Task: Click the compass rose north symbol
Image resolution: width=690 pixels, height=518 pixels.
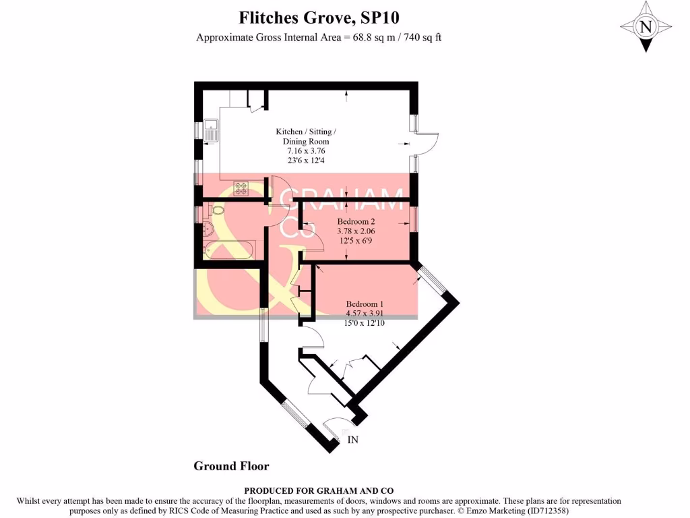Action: [x=646, y=27]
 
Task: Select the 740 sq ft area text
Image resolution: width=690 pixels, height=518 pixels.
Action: [x=421, y=38]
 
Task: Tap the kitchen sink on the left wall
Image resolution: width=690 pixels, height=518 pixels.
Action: [x=212, y=129]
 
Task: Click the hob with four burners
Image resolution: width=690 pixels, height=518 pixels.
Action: [x=241, y=189]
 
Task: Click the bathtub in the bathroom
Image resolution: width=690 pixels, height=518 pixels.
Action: [x=229, y=250]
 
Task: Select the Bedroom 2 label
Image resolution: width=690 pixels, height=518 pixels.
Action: [x=356, y=221]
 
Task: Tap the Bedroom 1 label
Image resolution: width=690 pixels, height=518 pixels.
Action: [x=365, y=304]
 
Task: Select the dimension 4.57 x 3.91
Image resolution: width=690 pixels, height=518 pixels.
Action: [x=365, y=313]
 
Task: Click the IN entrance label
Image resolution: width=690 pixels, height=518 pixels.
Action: [x=352, y=440]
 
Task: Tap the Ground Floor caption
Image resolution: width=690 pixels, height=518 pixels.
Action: [x=231, y=466]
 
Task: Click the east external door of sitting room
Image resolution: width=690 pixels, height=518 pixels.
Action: [x=427, y=143]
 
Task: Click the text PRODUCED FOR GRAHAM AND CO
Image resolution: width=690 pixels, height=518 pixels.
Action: [x=318, y=491]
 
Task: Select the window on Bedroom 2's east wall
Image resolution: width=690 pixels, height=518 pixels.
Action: [x=413, y=220]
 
